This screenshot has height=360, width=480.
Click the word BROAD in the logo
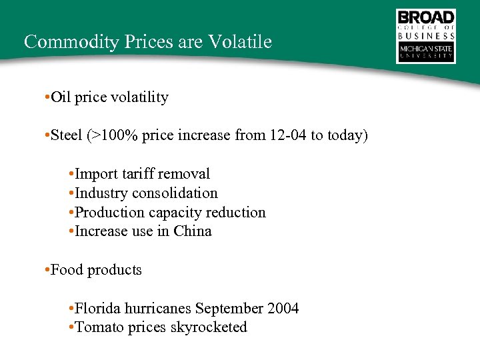tap(426, 17)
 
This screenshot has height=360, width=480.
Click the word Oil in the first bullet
tap(61, 97)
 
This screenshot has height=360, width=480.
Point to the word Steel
tap(66, 135)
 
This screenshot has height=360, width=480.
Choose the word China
tap(193, 231)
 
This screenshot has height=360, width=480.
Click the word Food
tap(67, 270)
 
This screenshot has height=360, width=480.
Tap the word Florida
tap(99, 309)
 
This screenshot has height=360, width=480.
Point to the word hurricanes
tap(158, 309)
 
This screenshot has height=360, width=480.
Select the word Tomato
tap(97, 327)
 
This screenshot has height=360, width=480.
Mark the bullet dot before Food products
tap(43, 270)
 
